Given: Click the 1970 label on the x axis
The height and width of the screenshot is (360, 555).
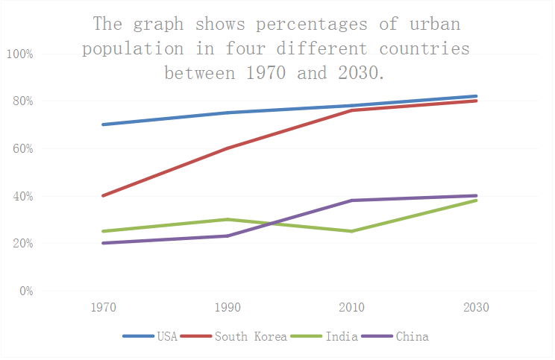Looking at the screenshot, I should point(102,308).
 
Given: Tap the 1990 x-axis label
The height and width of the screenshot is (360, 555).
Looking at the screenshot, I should point(227,308).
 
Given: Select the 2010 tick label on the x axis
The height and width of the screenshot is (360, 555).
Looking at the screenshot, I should point(351,308).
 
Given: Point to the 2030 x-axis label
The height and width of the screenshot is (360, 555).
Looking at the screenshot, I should point(476,308).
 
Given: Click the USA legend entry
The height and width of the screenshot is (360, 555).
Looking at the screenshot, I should point(166,337).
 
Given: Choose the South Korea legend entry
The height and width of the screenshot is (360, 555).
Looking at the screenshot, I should point(251,337).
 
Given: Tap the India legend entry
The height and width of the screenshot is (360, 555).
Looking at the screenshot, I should point(342,337).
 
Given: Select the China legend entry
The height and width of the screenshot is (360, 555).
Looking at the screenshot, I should point(412,337).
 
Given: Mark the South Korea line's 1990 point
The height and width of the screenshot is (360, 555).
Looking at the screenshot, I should point(227,148).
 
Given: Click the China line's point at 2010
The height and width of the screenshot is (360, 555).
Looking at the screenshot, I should point(351,200).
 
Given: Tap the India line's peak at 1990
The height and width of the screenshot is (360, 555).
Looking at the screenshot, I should point(227,219).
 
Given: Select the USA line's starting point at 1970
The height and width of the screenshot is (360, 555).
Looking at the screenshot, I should point(102,124).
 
